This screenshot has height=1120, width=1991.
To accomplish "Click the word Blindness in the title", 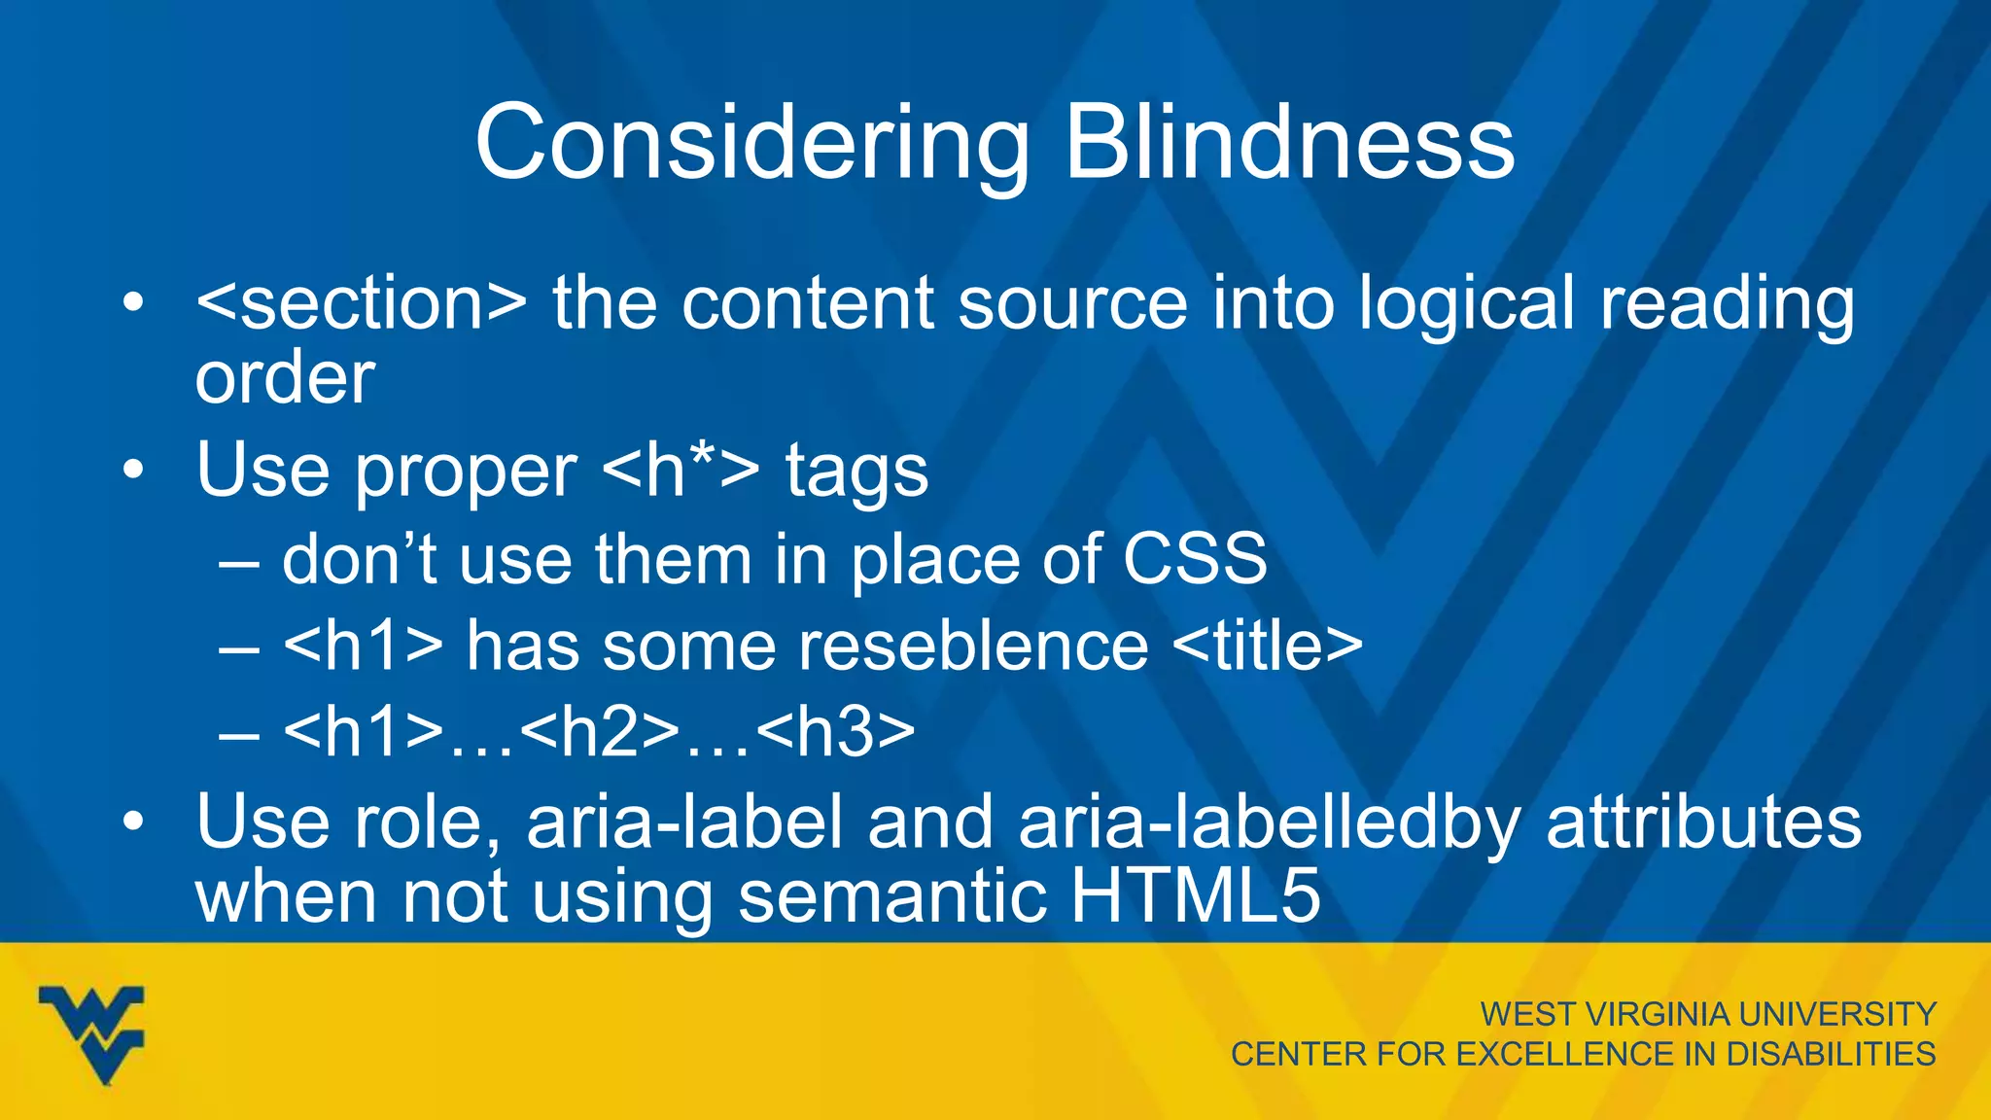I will coord(1289,143).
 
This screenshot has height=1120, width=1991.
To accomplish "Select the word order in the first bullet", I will coord(285,378).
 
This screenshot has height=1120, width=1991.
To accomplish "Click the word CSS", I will coord(1195,559).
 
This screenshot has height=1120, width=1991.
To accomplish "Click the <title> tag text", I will coord(1268,646).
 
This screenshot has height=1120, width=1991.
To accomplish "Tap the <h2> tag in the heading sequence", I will coord(600,731).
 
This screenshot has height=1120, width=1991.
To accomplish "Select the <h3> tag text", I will coord(835,731).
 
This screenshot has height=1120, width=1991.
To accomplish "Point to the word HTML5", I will coord(1196,895).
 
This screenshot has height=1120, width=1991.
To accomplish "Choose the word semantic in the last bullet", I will coord(892,896).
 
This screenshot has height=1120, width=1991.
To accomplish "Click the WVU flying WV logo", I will coord(91,1033).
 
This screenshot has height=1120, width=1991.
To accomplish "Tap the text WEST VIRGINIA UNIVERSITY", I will coord(1708,1014).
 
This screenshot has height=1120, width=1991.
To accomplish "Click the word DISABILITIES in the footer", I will coord(1831,1054).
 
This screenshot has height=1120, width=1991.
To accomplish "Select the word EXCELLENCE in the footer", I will coord(1566,1054).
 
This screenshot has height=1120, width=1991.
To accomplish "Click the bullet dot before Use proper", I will coord(133,472).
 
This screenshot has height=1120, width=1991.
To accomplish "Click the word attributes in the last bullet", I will coord(1703,822).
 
